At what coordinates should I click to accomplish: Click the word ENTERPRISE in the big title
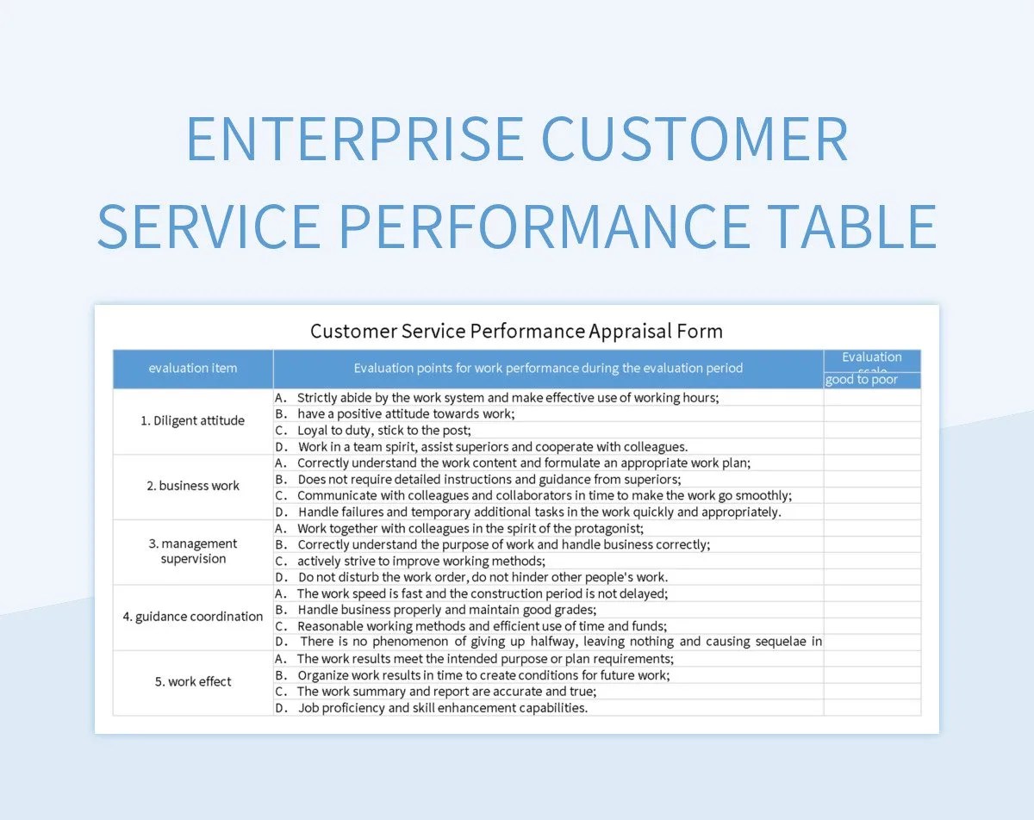354,140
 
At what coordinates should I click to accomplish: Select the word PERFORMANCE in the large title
544,226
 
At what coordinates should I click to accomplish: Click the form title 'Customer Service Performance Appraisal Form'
516,331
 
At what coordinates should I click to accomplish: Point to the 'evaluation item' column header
193,368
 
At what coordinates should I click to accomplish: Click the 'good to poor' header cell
862,380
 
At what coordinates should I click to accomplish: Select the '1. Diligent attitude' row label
193,420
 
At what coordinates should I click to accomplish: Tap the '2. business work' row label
193,486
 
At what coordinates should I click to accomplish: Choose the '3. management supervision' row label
193,551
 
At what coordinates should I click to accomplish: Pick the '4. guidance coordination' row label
193,617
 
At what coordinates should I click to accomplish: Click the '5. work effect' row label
193,681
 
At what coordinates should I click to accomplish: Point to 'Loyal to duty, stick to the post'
384,430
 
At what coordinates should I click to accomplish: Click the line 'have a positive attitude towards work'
406,413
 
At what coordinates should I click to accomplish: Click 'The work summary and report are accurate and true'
446,692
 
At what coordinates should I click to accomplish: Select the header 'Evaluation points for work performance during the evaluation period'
548,368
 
